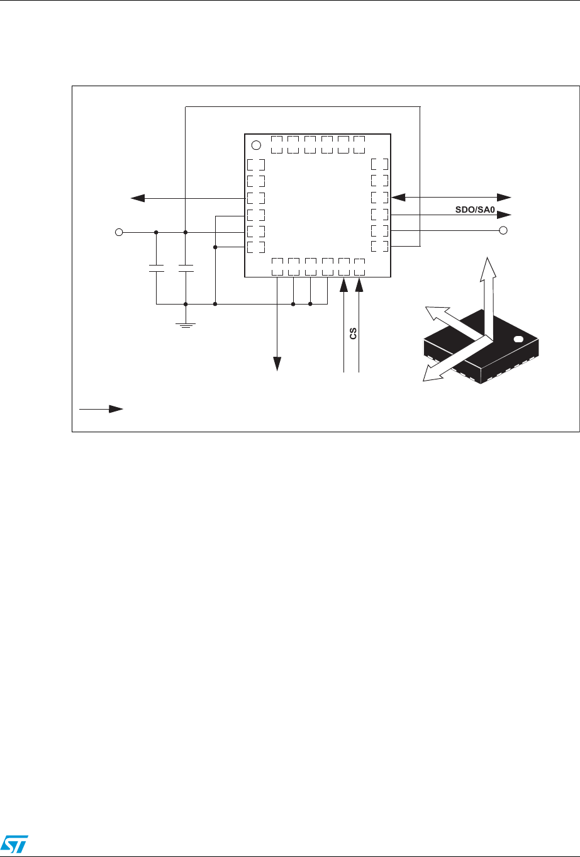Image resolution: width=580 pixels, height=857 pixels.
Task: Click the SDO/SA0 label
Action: coord(475,210)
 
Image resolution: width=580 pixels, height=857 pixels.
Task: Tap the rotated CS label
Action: coord(353,333)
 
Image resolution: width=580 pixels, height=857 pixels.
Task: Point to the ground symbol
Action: coord(186,326)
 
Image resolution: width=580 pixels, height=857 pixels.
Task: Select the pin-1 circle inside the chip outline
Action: coord(256,145)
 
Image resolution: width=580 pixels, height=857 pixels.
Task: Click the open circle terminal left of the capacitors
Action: coord(119,232)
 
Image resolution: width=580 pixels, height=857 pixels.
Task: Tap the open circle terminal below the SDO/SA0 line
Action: coord(503,230)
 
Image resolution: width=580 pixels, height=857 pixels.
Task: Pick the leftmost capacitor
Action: coord(156,268)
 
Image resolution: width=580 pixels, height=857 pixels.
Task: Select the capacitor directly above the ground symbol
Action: coord(186,268)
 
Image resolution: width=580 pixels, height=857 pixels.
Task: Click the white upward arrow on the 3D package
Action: coord(488,296)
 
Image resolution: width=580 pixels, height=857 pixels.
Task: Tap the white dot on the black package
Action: coord(518,339)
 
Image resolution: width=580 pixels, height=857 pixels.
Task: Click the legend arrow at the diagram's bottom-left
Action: coord(101,409)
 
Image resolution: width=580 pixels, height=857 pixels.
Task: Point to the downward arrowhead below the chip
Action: coord(277,364)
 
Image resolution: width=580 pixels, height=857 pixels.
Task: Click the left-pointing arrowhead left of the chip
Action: coord(138,198)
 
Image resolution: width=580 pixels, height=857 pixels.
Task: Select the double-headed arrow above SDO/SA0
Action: coord(451,198)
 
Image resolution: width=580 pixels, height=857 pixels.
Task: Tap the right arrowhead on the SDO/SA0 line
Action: coord(504,215)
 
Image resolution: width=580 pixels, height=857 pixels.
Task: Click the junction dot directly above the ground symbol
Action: coord(186,304)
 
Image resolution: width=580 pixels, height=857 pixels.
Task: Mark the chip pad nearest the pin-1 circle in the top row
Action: coord(277,145)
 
